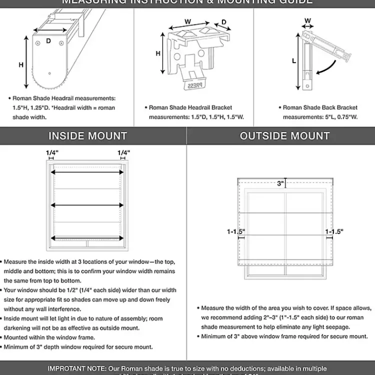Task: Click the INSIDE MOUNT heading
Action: coord(87,135)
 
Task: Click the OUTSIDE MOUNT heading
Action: coord(284,135)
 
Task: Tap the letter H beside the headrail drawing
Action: coord(21,64)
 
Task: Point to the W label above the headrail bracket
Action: coord(188,21)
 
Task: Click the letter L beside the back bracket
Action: coord(294,60)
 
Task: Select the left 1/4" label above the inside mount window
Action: coord(51,152)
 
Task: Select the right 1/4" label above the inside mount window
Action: coord(123,152)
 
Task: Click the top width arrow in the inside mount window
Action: coord(87,172)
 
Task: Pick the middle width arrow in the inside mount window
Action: coord(87,205)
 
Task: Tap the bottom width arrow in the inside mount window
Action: coord(87,238)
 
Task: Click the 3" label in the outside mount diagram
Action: coord(280,183)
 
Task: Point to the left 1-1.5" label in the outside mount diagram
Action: coord(235,231)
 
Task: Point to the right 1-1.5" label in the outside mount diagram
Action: coord(334,231)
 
